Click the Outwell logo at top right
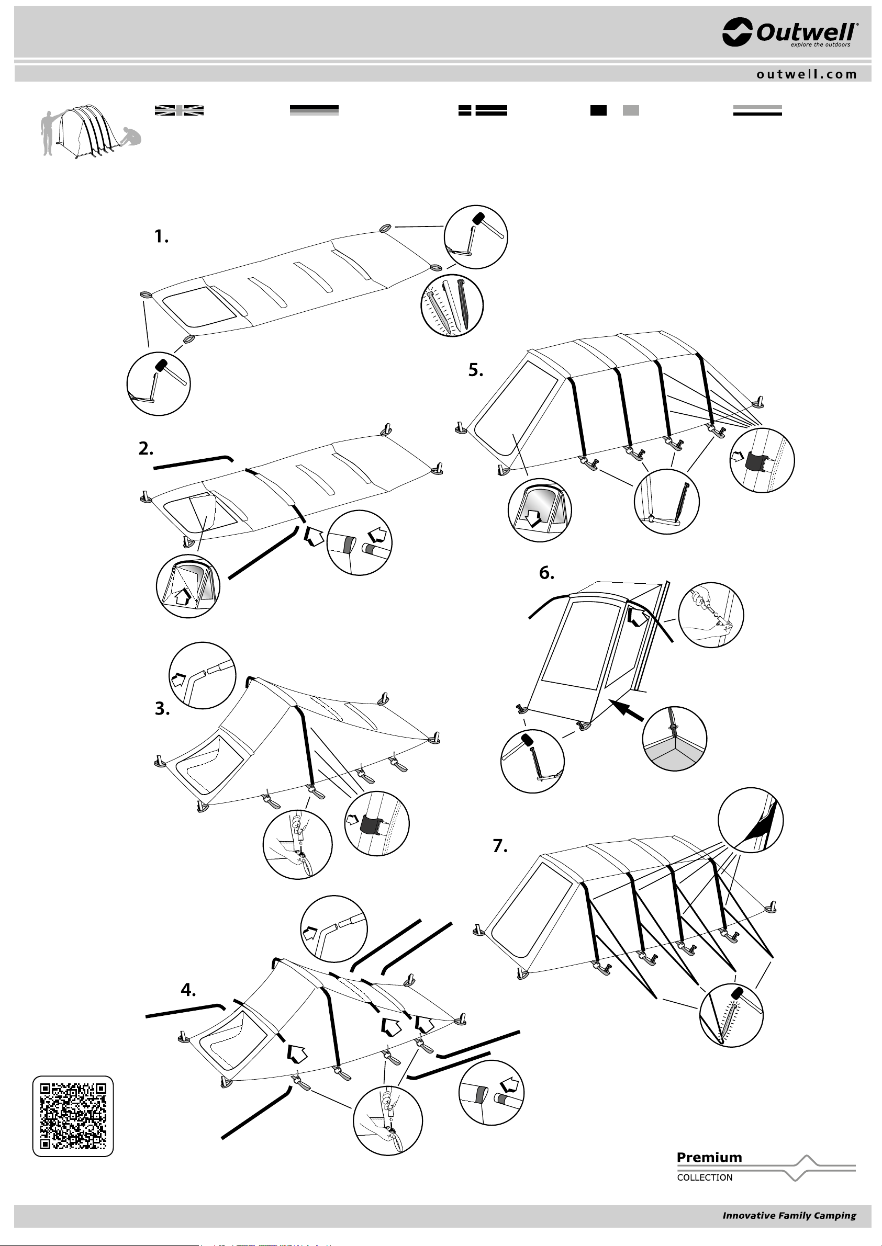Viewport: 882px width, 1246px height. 790,32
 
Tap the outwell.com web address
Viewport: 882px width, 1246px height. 807,74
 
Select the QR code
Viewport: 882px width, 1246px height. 73,1116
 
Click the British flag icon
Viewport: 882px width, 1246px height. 179,110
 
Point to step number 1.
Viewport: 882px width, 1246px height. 161,236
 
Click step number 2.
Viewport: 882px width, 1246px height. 146,449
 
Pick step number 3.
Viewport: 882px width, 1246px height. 162,709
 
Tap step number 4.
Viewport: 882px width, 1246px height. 188,990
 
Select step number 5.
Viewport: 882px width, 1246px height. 476,370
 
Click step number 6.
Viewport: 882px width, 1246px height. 546,573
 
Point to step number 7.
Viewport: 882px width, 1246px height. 500,846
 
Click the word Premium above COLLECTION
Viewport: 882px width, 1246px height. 709,1158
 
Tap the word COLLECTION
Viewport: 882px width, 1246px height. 705,1177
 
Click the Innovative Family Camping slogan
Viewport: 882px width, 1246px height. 789,1216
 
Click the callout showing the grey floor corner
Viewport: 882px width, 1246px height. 675,739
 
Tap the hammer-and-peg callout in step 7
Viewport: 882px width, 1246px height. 731,1015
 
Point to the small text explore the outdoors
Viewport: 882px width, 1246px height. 820,45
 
